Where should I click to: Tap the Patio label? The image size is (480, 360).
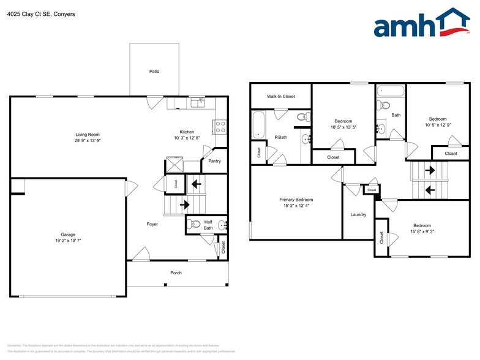tap(154, 72)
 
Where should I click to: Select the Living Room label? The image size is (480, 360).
tap(88, 135)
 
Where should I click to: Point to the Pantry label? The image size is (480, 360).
tap(214, 161)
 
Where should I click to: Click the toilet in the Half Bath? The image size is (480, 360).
tap(193, 224)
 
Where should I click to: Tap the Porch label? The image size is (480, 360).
tap(176, 273)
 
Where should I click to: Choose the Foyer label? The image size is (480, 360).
tap(152, 224)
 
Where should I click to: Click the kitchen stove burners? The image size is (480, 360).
tap(220, 127)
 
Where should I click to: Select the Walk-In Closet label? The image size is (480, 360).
tap(281, 97)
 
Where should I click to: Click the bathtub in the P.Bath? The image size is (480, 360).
tap(258, 124)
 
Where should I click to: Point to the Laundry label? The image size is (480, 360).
tap(358, 214)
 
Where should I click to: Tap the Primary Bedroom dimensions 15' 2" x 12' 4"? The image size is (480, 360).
tap(296, 206)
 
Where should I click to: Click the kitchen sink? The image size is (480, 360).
tap(198, 102)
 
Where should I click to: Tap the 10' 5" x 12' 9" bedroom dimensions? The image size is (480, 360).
tap(438, 125)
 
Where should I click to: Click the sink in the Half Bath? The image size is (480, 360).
tap(222, 225)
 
